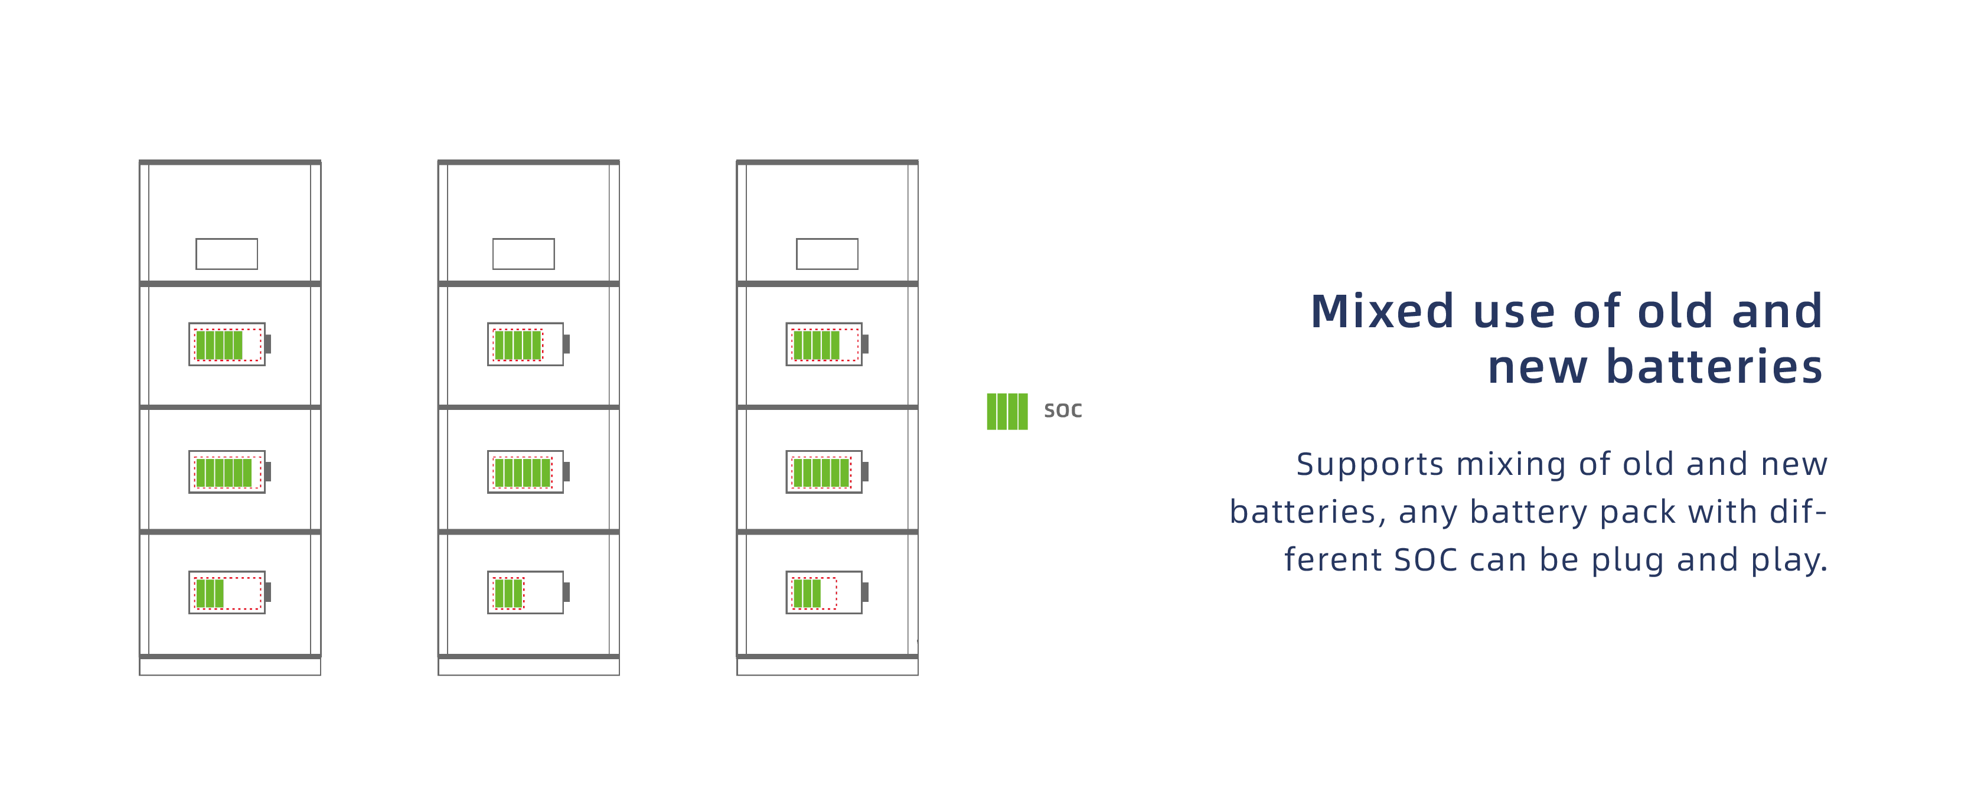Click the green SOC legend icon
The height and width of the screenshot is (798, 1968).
pyautogui.click(x=1006, y=411)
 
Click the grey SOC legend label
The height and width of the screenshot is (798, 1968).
pyautogui.click(x=1063, y=411)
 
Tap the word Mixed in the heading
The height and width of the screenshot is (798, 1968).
pyautogui.click(x=1381, y=312)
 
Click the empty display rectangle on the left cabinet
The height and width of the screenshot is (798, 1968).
pyautogui.click(x=227, y=254)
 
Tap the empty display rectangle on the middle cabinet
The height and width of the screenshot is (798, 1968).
pyautogui.click(x=523, y=254)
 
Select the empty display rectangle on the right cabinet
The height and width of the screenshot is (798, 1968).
pyautogui.click(x=827, y=254)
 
